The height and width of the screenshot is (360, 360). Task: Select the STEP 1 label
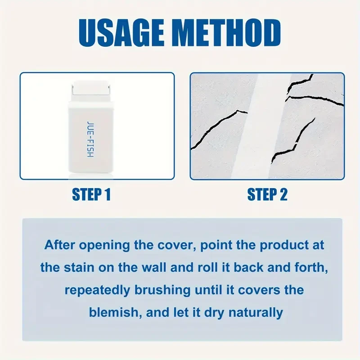[91, 194]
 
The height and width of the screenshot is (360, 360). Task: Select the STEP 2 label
[267, 194]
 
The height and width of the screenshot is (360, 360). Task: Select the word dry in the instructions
[215, 311]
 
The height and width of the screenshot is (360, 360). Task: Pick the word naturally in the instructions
[257, 311]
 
